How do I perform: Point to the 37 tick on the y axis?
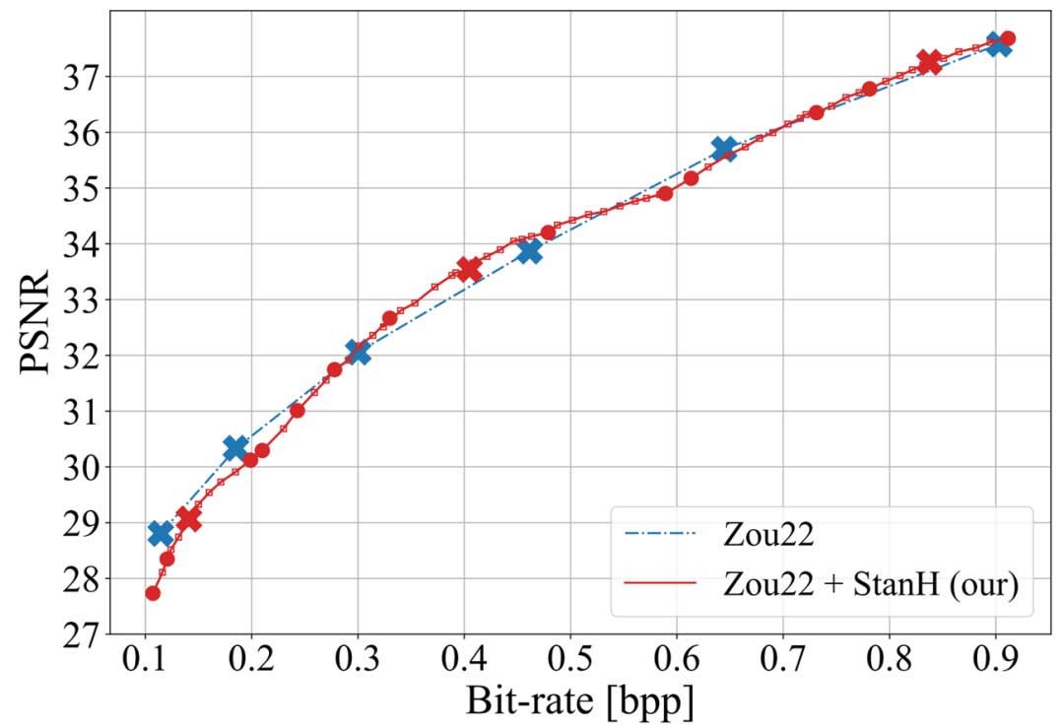tap(87, 77)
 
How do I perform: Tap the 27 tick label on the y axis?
tap(87, 634)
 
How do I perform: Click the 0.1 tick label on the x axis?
tap(146, 658)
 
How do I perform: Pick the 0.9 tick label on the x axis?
tap(995, 658)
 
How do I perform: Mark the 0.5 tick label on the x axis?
tap(570, 658)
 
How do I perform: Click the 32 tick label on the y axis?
tap(87, 356)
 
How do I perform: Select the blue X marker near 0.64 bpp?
tap(723, 150)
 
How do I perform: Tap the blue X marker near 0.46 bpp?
tap(529, 251)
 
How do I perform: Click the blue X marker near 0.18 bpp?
tap(234, 448)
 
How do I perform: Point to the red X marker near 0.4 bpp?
tap(469, 269)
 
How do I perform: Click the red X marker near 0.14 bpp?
tap(188, 518)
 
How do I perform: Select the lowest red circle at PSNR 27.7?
tap(153, 593)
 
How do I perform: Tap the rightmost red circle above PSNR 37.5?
tap(1007, 38)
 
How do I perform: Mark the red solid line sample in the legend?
tap(660, 583)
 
